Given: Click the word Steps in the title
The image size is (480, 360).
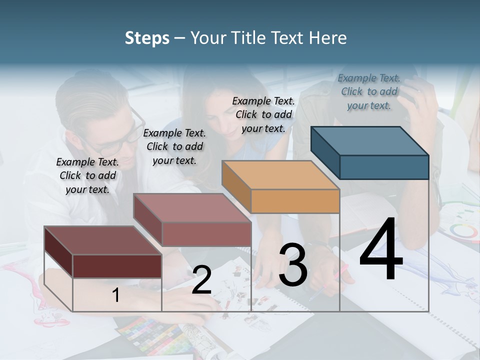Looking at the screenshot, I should point(147,38).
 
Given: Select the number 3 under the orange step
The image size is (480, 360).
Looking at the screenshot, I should point(293,265).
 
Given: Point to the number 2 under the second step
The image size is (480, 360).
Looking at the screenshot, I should point(201,280).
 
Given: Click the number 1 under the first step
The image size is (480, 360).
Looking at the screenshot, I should point(115,295).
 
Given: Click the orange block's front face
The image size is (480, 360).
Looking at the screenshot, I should point(295,201).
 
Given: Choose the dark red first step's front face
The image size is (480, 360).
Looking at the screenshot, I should point(117,266).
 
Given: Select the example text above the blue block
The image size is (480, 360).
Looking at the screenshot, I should point(369,91).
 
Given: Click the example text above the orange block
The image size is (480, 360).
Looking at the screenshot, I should point(263,114).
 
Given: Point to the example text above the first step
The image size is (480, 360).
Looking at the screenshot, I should point(87,175).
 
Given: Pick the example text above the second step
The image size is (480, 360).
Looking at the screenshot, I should point(174,146).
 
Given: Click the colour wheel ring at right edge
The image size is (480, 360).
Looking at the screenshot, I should point(462,231).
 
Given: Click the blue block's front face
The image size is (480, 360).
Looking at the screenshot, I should point(384,167).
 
